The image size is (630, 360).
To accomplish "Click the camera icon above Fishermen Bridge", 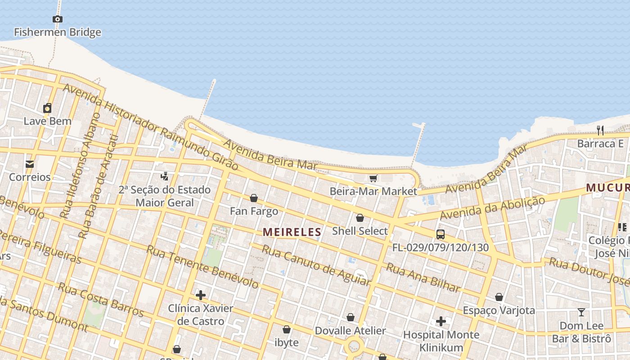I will point(57,19).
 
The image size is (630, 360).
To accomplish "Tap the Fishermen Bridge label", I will point(58,32).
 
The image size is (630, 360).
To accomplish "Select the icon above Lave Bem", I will point(47,108).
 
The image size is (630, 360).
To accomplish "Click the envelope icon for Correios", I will point(30,164).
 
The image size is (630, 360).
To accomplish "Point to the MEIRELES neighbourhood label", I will point(292,232).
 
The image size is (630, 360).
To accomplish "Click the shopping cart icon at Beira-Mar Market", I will point(373,178).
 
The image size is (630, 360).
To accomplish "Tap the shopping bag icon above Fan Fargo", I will point(254,198).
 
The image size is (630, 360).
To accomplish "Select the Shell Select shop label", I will point(360,231).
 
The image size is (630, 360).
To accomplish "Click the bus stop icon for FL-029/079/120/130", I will point(440,234).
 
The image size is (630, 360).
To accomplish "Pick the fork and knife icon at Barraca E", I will point(600,130).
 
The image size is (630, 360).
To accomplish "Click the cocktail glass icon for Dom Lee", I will point(581,312).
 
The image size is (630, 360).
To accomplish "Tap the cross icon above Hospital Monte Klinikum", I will point(441,321).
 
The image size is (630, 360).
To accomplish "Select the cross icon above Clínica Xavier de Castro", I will point(201,295).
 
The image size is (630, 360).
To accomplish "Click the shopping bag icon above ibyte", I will point(286,329).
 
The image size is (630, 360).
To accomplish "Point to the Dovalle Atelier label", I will point(350,331).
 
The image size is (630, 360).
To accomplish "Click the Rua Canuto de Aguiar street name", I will point(316,265).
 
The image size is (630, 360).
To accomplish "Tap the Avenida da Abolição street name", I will point(492,208).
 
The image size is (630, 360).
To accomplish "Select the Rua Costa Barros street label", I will point(100,300).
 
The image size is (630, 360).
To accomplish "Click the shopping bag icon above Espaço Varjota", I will point(499,297).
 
